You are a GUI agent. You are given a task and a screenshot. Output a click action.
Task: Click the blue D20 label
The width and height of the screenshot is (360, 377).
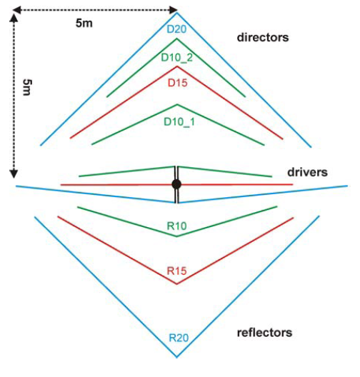tap(176, 29)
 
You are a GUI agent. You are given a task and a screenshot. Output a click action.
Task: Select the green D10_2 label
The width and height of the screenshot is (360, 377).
tap(176, 58)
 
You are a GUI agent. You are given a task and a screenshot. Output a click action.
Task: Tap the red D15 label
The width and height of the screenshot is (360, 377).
tap(177, 83)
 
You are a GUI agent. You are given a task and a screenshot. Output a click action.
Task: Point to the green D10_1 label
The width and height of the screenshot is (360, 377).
tap(179, 121)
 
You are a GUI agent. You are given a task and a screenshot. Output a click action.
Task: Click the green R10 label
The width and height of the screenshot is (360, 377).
tap(176, 226)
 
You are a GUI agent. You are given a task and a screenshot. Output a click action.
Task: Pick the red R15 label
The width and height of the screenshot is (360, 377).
tap(176, 271)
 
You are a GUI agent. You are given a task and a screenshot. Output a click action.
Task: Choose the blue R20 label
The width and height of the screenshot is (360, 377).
tap(179, 338)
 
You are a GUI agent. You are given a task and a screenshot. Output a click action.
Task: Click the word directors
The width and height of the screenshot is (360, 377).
tap(263, 38)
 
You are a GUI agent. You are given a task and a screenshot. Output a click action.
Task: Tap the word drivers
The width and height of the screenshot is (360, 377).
tap(307, 172)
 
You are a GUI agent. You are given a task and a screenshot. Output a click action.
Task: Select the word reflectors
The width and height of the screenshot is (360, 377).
tap(264, 333)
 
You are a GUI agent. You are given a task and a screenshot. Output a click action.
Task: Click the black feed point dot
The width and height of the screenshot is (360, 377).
tap(176, 184)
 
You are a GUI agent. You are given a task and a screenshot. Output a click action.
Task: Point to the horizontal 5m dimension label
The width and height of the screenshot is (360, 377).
tap(84, 24)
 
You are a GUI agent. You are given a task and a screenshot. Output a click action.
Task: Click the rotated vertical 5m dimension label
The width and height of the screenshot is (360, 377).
tap(27, 87)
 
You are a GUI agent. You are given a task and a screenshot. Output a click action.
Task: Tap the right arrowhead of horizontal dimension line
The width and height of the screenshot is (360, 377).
tap(174, 10)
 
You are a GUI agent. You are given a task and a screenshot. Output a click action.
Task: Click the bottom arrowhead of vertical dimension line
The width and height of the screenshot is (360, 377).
tap(14, 174)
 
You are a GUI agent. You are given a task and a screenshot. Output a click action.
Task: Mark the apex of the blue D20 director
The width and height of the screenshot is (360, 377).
tap(176, 13)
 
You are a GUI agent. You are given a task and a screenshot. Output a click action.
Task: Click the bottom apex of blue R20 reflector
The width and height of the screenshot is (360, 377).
tap(176, 356)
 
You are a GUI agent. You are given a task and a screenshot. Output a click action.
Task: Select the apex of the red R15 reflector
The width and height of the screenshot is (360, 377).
tap(176, 284)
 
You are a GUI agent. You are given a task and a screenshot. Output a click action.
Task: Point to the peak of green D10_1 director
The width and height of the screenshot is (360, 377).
tap(177, 104)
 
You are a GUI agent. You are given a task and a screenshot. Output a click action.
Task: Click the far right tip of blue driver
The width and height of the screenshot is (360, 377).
tap(347, 186)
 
